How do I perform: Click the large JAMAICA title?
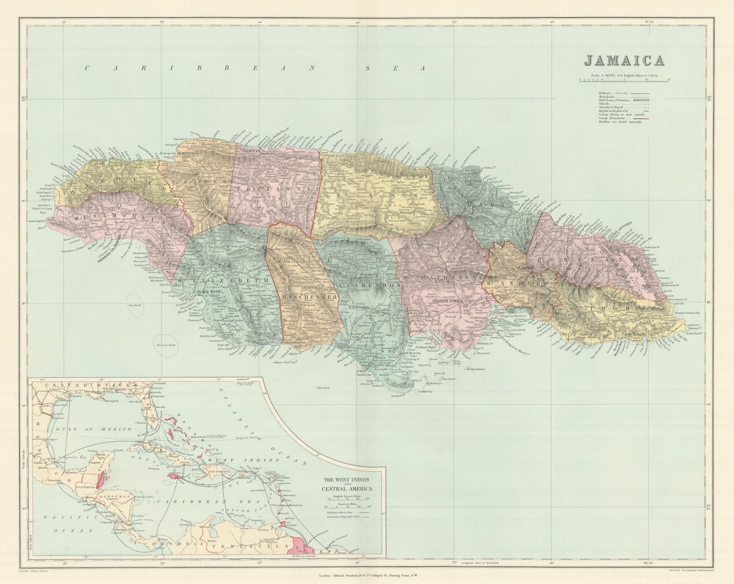coord(624,61)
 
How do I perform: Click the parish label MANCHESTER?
coord(308,295)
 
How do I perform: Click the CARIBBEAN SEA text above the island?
coord(254,68)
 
